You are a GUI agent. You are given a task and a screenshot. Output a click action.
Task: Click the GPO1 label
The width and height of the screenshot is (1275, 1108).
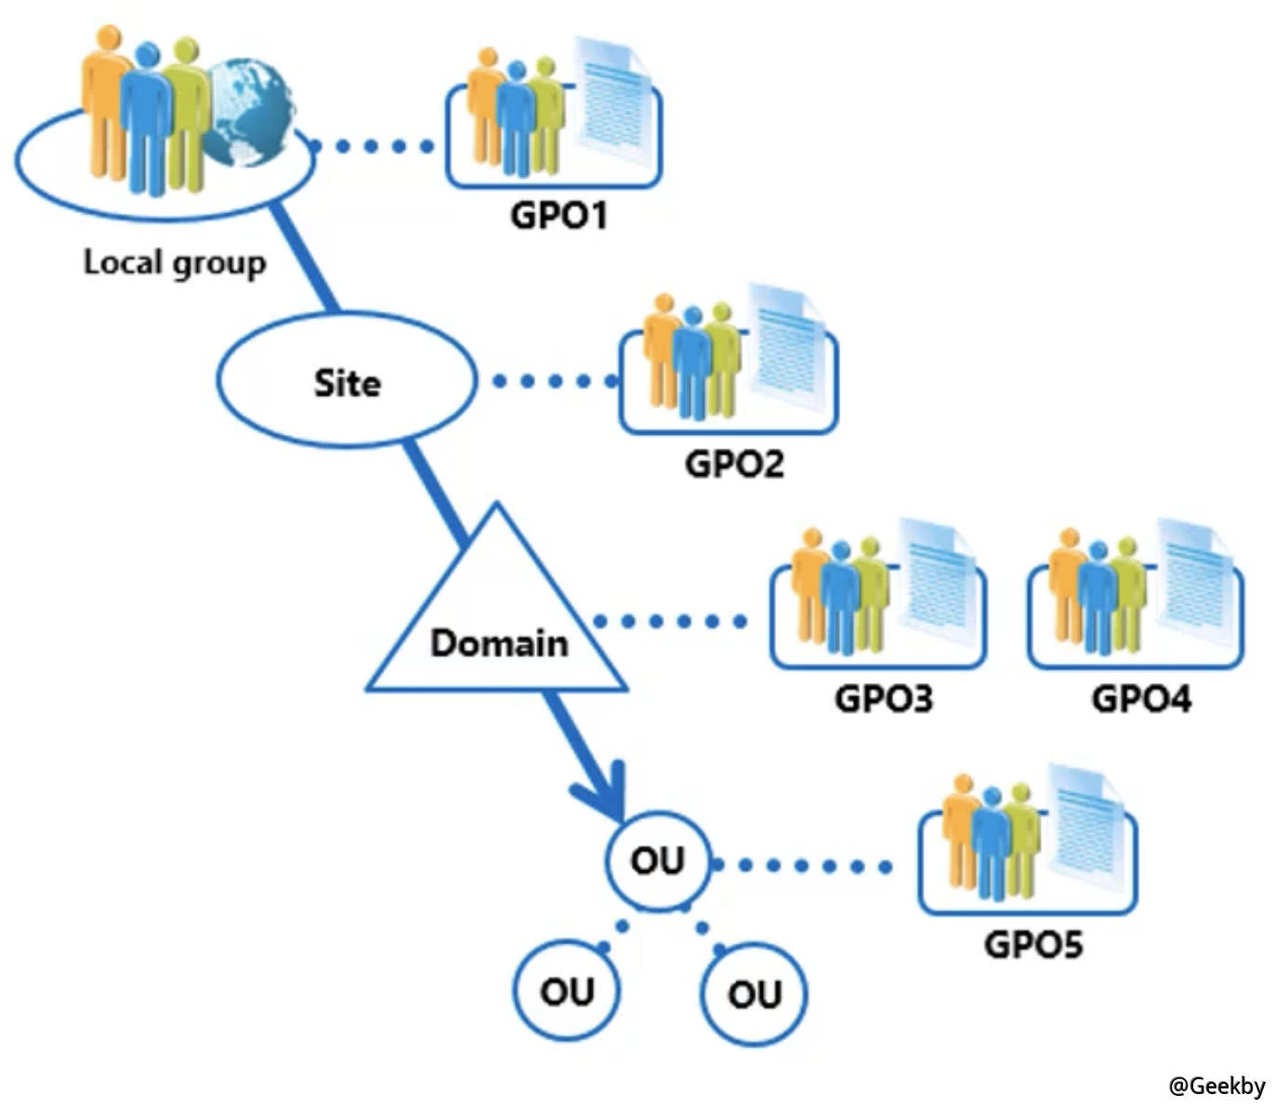click(558, 216)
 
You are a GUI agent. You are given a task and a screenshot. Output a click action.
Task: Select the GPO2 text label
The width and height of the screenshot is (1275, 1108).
click(733, 463)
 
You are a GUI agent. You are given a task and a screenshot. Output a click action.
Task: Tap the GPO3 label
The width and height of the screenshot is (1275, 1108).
click(883, 698)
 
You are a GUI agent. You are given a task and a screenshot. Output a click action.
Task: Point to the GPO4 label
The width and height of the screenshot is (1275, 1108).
click(1140, 698)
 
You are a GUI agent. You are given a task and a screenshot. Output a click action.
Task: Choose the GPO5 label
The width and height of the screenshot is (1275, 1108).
click(1032, 944)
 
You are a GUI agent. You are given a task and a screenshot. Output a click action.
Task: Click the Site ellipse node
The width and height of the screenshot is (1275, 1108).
click(346, 382)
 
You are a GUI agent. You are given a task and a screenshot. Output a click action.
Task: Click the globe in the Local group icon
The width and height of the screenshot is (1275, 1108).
click(247, 112)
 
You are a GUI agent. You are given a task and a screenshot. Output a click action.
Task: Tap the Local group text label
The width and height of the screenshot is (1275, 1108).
click(175, 262)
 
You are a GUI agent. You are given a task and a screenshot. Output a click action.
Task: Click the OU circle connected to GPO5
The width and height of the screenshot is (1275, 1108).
click(658, 861)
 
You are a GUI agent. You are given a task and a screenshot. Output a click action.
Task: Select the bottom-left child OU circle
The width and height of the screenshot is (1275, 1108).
click(566, 992)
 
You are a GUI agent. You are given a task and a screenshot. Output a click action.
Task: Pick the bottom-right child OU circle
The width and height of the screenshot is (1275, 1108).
click(754, 994)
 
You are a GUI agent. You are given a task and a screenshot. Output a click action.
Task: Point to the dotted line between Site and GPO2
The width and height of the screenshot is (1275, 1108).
click(554, 381)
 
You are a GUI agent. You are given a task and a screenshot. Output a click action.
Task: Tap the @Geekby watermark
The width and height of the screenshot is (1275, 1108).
click(1216, 1086)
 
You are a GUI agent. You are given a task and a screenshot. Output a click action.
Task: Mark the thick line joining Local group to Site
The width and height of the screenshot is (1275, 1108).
click(304, 257)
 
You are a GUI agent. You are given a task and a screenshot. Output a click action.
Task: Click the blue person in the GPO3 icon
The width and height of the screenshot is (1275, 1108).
click(840, 595)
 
